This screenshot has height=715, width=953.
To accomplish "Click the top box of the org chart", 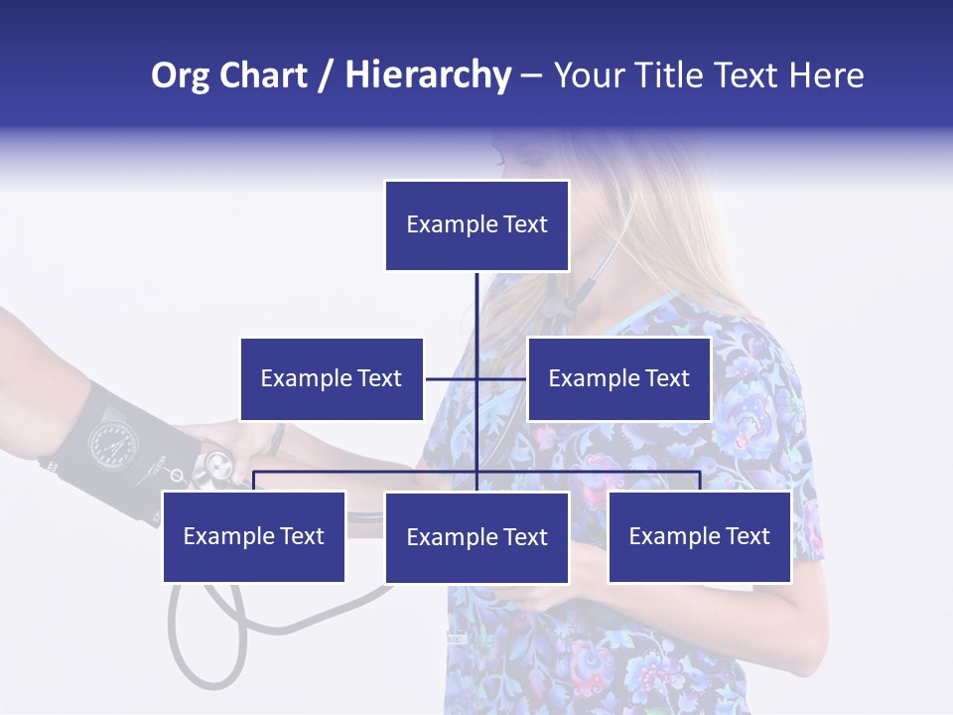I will point(476,225).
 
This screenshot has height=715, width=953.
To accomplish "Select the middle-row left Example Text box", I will point(332,379).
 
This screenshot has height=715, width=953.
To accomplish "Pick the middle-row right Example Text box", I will point(618,379).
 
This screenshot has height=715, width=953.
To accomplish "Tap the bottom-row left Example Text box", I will point(254,537).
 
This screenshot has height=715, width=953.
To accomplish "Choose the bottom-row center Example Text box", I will point(476,538).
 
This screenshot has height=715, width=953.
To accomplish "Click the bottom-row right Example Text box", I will point(699,537).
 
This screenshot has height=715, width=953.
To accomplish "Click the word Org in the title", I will point(182,75).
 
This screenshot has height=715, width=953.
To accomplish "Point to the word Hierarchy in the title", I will point(428,75).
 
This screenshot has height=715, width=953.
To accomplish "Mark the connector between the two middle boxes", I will point(476,379).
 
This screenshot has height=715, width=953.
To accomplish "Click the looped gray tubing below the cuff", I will point(208,636).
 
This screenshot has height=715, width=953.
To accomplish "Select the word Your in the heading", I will point(592,75).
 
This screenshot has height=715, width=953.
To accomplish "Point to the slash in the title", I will point(326,75).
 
